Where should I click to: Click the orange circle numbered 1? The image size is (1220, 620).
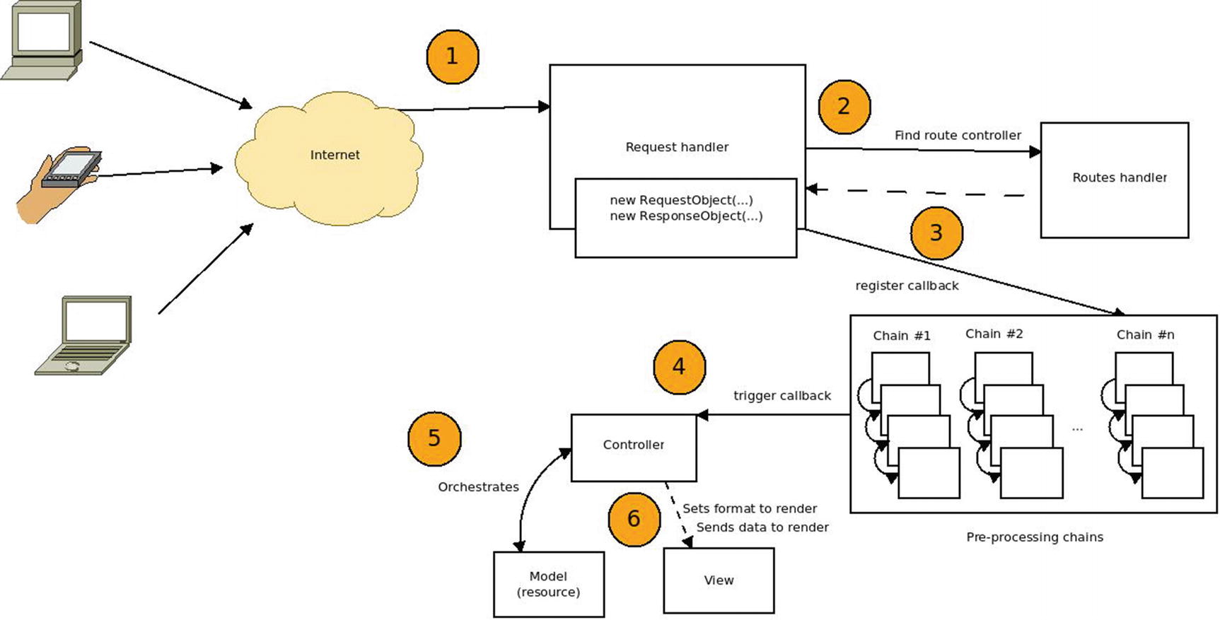pyautogui.click(x=453, y=57)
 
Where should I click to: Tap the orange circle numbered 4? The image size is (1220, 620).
pyautogui.click(x=679, y=367)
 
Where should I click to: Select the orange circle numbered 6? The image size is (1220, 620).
pyautogui.click(x=634, y=519)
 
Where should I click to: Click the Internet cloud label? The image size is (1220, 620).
pyautogui.click(x=335, y=155)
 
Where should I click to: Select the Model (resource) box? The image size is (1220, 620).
pyautogui.click(x=548, y=584)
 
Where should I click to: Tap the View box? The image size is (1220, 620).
pyautogui.click(x=719, y=580)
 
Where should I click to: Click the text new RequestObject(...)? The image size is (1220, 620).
pyautogui.click(x=681, y=200)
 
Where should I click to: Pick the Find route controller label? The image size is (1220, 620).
pyautogui.click(x=958, y=135)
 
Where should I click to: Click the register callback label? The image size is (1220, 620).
pyautogui.click(x=907, y=286)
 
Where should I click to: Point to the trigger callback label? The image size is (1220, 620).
pyautogui.click(x=782, y=396)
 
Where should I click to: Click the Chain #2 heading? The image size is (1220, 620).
pyautogui.click(x=994, y=334)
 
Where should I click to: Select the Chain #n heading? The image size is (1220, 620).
pyautogui.click(x=1145, y=334)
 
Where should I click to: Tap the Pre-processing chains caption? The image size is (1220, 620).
pyautogui.click(x=1034, y=537)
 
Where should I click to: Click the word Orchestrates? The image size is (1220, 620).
pyautogui.click(x=478, y=487)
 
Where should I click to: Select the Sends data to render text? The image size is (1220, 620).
pyautogui.click(x=762, y=527)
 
